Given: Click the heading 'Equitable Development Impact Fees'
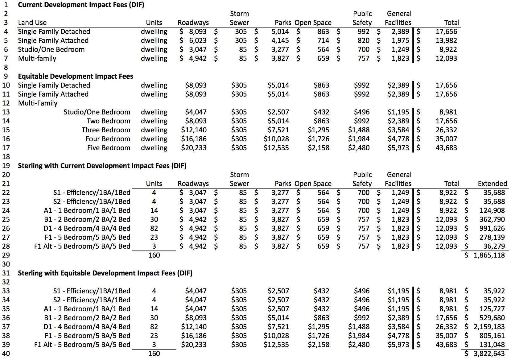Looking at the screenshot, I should tap(76, 77).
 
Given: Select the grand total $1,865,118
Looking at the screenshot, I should tap(489, 255).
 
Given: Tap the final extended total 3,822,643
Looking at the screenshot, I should tap(489, 354).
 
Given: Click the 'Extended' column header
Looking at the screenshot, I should tap(492, 184).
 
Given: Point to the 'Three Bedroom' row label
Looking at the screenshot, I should tap(106, 130).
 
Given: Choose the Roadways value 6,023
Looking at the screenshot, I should tap(198, 41).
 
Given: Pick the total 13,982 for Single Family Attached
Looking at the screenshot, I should tap(446, 41).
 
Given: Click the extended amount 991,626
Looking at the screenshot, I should tap(492, 229).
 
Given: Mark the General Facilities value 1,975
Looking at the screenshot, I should tap(400, 41).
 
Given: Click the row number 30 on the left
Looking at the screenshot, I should tap(6, 264).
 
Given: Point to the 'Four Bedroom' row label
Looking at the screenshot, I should tap(108, 139).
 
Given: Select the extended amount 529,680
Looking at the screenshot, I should tap(492, 318).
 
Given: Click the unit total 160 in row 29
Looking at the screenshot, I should tap(154, 255).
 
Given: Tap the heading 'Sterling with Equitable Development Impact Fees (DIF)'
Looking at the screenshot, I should tap(105, 273).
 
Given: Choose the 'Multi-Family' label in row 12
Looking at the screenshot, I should tap(38, 103).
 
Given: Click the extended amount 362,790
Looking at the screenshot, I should tap(492, 220).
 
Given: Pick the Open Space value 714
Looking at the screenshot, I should tap(323, 41).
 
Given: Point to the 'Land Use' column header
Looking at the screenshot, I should tap(32, 23).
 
